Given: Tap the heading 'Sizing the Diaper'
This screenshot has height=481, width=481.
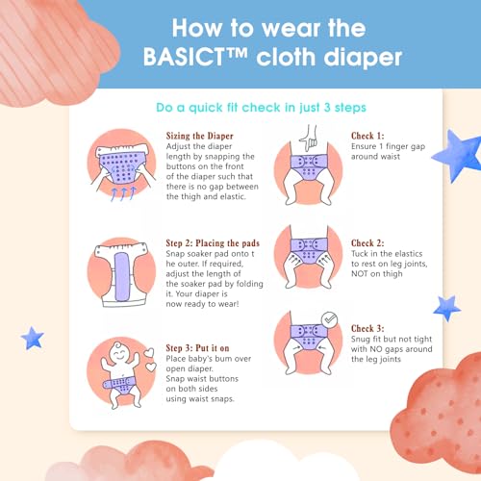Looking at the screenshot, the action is click(199, 136).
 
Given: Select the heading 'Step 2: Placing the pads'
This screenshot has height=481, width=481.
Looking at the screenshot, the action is click(213, 243).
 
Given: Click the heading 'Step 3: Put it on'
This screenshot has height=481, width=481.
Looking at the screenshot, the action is click(197, 348).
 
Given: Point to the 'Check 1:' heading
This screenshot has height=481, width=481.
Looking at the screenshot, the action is click(367, 136).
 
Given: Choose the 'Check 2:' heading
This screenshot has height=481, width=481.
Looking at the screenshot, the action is click(367, 243).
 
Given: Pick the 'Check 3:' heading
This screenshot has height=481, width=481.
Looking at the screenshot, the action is click(367, 329).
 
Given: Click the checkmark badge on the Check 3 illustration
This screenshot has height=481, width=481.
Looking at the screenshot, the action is click(329, 319).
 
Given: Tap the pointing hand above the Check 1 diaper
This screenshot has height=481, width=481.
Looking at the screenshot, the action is click(309, 138).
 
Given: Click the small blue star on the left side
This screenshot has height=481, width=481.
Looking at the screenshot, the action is click(33, 339).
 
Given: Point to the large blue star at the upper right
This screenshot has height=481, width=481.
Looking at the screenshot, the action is click(458, 156).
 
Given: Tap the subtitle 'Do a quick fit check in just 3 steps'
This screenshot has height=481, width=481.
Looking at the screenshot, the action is click(261, 108).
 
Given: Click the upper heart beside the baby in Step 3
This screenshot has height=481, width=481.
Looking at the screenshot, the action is click(149, 353).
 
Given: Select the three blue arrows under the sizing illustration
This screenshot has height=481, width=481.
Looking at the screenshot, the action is click(123, 194).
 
